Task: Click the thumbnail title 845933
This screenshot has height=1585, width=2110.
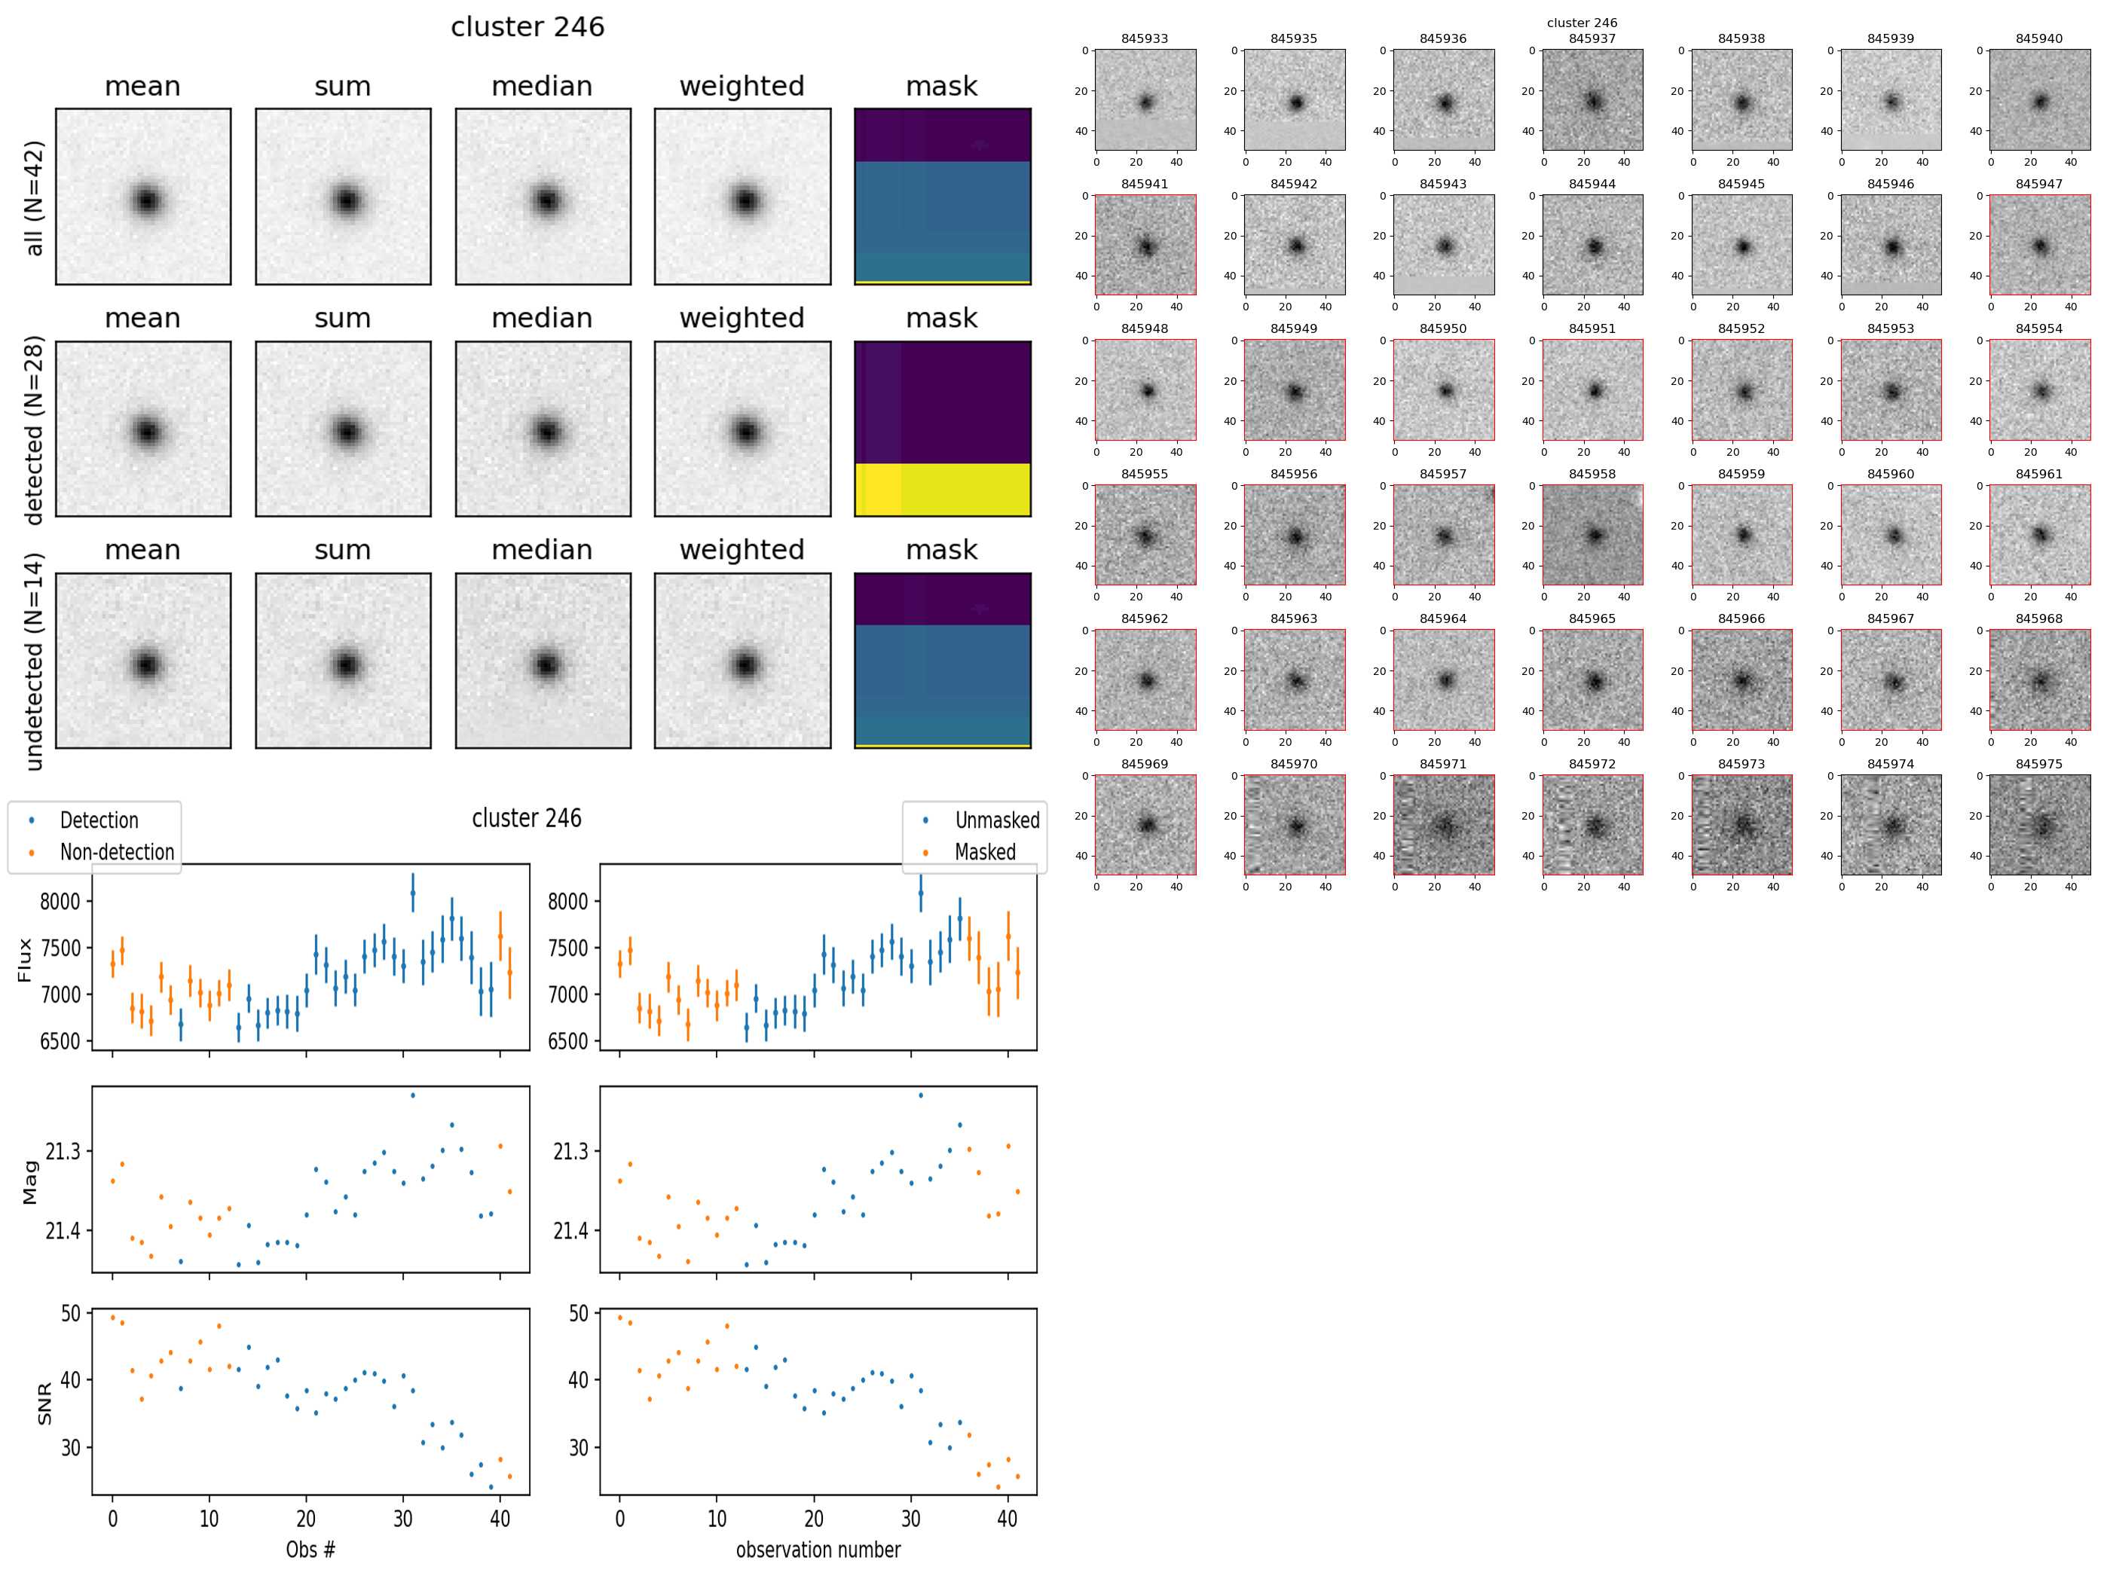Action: (1144, 39)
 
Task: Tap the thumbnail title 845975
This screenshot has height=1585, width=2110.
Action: (2038, 764)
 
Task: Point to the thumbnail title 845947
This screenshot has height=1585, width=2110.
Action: (2038, 184)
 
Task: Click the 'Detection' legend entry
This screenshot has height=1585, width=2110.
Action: (98, 820)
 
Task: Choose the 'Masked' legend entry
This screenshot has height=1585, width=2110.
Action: (984, 851)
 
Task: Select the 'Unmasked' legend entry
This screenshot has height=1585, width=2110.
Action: (997, 820)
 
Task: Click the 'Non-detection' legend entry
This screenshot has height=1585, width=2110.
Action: (116, 851)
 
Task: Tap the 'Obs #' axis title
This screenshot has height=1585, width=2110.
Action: (310, 1549)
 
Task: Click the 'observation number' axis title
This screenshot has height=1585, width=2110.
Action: (818, 1549)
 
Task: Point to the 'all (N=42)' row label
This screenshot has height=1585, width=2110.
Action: (35, 198)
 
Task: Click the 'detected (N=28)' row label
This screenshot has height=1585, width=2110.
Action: (35, 429)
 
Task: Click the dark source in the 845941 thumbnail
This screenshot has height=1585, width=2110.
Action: (1145, 247)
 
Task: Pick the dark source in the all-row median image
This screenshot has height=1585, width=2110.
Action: (546, 201)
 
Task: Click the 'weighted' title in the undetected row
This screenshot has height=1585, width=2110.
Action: (742, 550)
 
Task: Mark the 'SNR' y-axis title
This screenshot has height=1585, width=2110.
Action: (44, 1403)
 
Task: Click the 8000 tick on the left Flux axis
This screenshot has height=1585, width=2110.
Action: (59, 901)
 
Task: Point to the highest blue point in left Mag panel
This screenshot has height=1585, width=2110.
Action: (412, 1095)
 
